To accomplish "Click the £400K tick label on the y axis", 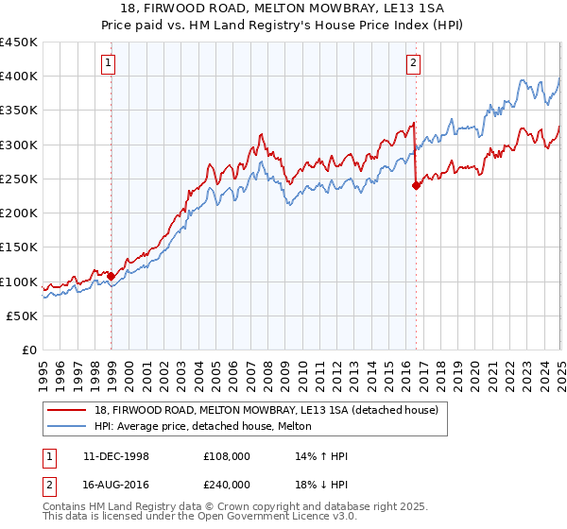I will pyautogui.click(x=19, y=77).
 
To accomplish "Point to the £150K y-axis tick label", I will pyautogui.click(x=19, y=247).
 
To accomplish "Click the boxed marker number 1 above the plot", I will pyautogui.click(x=110, y=64).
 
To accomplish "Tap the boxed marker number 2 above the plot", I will pyautogui.click(x=414, y=64).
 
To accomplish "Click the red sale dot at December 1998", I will pyautogui.click(x=112, y=277).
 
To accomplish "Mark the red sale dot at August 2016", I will pyautogui.click(x=417, y=186).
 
